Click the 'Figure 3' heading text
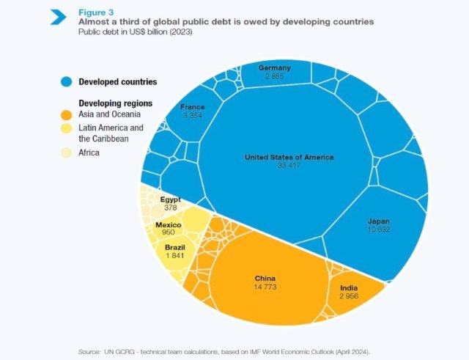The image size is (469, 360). click(x=96, y=12)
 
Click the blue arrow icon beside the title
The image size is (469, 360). click(x=59, y=16)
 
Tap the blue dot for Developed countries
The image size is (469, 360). click(x=66, y=81)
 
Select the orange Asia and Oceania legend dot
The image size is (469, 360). click(x=66, y=115)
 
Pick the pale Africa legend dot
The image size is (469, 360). click(x=66, y=153)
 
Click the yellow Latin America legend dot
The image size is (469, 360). click(x=66, y=129)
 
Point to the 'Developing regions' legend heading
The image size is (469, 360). click(x=110, y=103)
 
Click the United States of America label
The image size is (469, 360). click(x=289, y=157)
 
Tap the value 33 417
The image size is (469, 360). click(x=289, y=166)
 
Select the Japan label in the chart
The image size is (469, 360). click(x=379, y=221)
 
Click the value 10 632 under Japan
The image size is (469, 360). click(x=379, y=229)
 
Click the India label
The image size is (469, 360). click(x=349, y=287)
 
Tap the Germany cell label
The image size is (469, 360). click(x=275, y=67)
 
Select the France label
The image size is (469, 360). click(x=193, y=107)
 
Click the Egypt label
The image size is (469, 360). click(x=171, y=199)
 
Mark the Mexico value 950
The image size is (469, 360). click(x=168, y=232)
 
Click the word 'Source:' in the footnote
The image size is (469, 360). click(x=91, y=351)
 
